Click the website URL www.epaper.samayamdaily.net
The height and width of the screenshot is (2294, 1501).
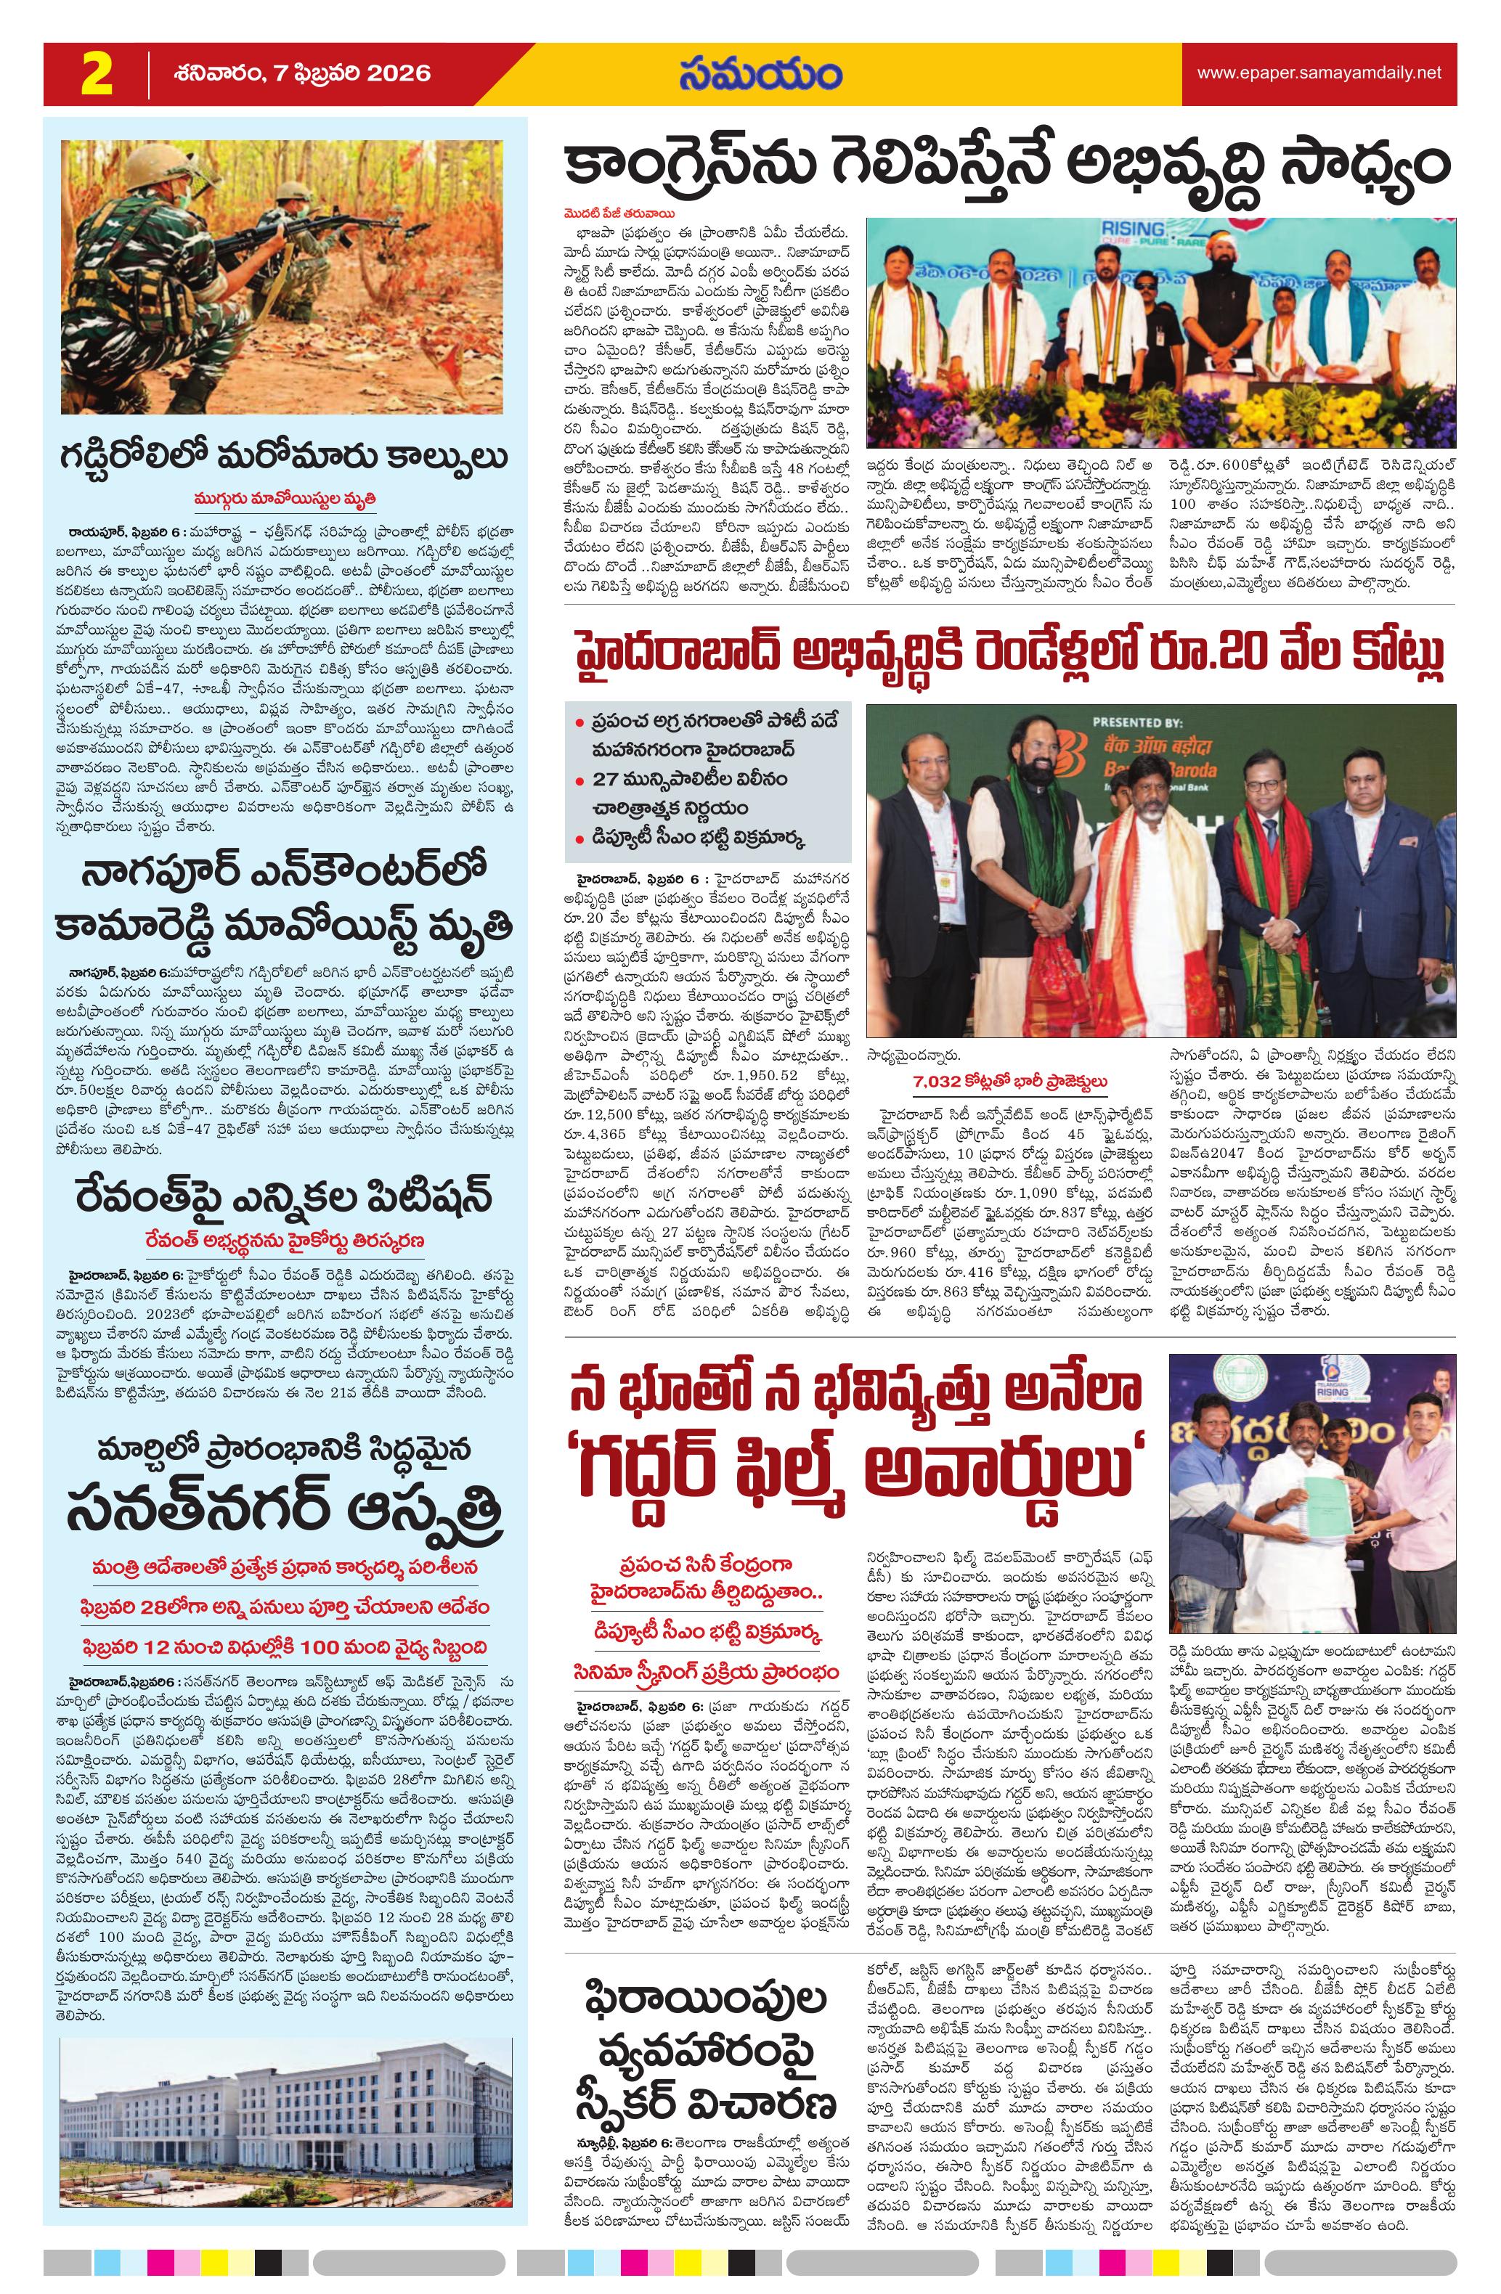click(x=1319, y=73)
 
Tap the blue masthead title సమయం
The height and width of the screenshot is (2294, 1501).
click(x=759, y=73)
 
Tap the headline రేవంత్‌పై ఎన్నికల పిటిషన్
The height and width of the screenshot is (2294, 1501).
click(x=285, y=1198)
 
